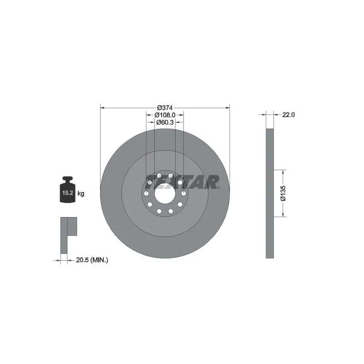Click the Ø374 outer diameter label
[x=165, y=108]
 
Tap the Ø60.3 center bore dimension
[x=165, y=122]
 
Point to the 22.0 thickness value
[x=289, y=115]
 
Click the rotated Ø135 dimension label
[x=283, y=193]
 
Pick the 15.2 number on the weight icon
[x=67, y=193]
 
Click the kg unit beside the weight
[x=81, y=193]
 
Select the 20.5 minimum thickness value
[x=80, y=260]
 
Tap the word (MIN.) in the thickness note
[x=99, y=260]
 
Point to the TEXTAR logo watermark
[x=182, y=182]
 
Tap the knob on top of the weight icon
[x=67, y=178]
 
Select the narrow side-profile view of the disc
[x=270, y=193]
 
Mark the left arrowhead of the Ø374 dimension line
[x=102, y=108]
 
